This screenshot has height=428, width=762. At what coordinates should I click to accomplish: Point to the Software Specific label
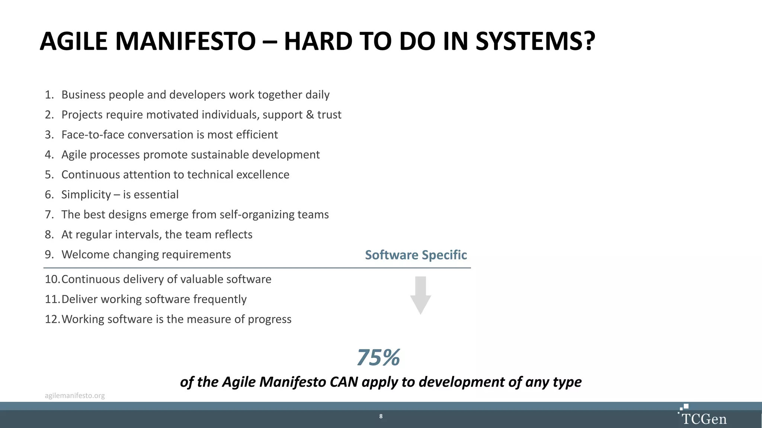click(416, 255)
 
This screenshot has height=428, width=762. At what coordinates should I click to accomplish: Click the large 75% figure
click(378, 357)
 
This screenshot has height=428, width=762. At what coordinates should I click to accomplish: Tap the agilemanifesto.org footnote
click(75, 396)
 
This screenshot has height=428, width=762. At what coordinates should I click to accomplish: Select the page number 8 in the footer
click(381, 416)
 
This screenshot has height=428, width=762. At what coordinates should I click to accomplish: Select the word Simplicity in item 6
click(86, 195)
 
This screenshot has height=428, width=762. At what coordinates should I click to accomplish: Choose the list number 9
click(49, 254)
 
